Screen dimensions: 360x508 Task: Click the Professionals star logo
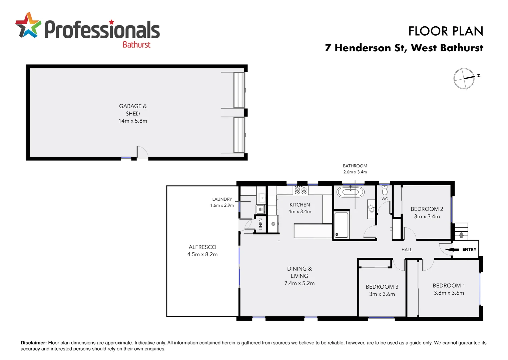pos(28,25)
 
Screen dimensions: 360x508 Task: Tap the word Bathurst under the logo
pos(136,45)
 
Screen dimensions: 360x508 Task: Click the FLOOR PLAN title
pos(446,31)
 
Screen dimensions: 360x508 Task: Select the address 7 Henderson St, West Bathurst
pos(404,48)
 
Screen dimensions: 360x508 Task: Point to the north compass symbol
pos(464,79)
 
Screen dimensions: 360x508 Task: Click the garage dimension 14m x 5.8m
pos(133,121)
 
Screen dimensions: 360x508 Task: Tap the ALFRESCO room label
pos(202,247)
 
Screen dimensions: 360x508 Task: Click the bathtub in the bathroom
pos(350,192)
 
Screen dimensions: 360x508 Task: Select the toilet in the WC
pos(385,190)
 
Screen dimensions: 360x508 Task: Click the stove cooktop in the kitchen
pos(300,191)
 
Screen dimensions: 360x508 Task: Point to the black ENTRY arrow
pos(452,249)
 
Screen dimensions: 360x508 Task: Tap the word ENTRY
pos(469,249)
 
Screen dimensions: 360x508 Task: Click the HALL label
pos(407,250)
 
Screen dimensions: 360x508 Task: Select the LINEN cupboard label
pos(261,224)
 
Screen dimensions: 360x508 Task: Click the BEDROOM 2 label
pos(427,209)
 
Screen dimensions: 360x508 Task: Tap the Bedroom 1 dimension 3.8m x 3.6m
pos(449,293)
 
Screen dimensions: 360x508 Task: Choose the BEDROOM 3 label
pos(382,287)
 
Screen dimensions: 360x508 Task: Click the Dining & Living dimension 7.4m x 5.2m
pos(300,283)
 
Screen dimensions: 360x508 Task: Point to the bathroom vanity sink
pos(371,209)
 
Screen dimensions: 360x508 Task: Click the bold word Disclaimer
pos(34,343)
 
